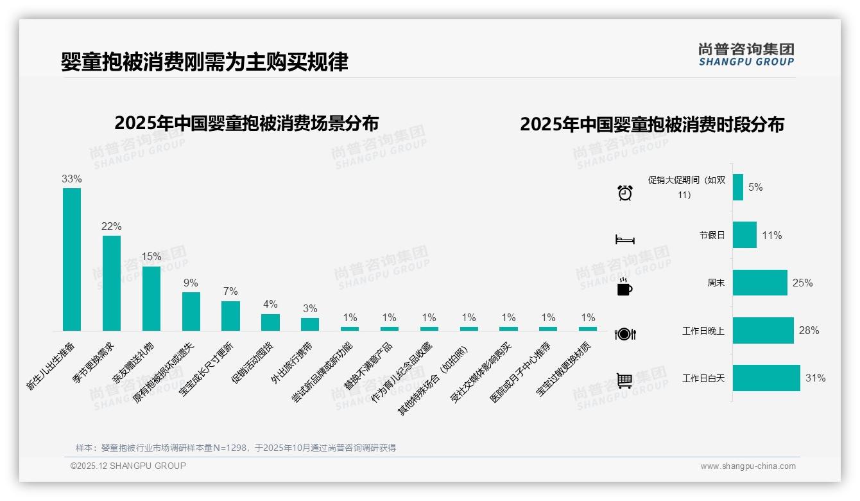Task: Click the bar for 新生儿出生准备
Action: tap(72, 259)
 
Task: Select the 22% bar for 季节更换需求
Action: tap(112, 283)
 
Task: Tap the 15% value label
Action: tap(151, 256)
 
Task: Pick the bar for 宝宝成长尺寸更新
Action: tap(230, 315)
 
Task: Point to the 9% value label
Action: tap(191, 283)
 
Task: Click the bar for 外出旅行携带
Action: tap(310, 324)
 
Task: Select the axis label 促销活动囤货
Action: tap(252, 364)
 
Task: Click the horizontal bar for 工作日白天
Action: tap(766, 378)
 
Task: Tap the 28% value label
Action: tap(809, 331)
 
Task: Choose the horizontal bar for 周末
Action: tap(760, 283)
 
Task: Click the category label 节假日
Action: tap(712, 236)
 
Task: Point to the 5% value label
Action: tap(755, 188)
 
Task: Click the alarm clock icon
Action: tap(625, 192)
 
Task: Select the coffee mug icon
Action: tap(624, 288)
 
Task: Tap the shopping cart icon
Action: tap(624, 380)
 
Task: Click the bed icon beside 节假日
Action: tap(624, 240)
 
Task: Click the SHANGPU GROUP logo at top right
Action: tap(746, 55)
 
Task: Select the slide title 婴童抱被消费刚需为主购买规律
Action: tap(205, 62)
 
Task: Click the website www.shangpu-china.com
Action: tap(748, 466)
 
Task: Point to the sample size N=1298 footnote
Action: tap(236, 448)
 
